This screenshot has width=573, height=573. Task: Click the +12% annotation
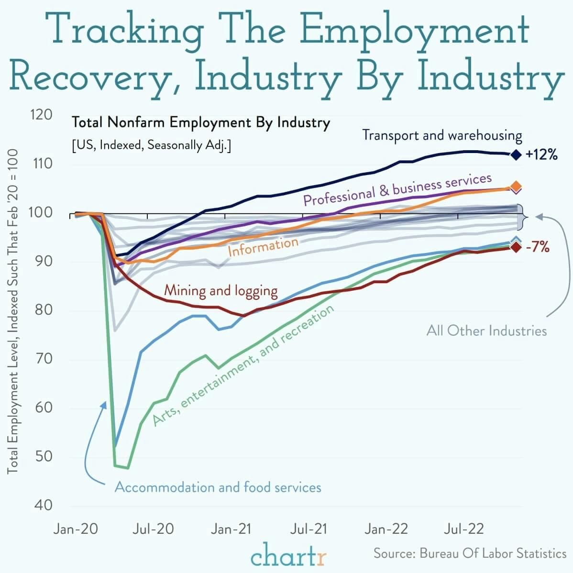click(x=541, y=154)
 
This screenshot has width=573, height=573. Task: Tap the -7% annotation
click(x=537, y=247)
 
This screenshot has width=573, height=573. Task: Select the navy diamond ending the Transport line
click(x=516, y=154)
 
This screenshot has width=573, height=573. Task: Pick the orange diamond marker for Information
click(x=516, y=186)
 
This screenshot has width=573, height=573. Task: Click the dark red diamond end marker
click(x=515, y=247)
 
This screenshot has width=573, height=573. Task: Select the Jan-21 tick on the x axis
click(x=231, y=529)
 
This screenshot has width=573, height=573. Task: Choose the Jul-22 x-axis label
click(x=464, y=529)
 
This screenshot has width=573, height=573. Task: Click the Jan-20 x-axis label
click(x=76, y=529)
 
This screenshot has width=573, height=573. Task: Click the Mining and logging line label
click(x=220, y=290)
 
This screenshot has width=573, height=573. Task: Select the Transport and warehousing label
click(x=442, y=135)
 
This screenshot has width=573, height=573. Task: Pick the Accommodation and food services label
click(x=218, y=487)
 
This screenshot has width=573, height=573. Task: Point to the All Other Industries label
click(x=486, y=331)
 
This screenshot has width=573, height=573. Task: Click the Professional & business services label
click(x=397, y=189)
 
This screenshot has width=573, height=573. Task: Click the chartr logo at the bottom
click(x=289, y=556)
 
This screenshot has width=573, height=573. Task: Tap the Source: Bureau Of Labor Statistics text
click(x=470, y=553)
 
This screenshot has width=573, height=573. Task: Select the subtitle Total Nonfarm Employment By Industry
click(x=201, y=123)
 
